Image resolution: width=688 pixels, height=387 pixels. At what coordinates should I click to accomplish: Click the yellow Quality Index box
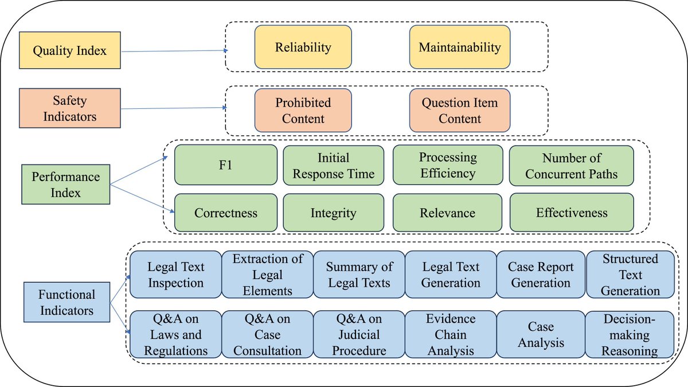69,51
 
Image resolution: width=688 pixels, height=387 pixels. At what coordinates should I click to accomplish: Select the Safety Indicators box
69,108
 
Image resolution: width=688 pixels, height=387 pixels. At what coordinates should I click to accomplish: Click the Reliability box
303,47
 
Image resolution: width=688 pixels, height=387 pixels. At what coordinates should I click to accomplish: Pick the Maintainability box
459,47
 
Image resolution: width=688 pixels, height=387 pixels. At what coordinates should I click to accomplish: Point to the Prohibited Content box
303,111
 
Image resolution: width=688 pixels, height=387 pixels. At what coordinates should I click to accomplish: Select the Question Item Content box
459,111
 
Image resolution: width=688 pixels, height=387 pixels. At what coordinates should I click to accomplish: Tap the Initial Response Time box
333,165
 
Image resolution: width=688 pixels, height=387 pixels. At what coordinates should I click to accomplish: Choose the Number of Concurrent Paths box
571,165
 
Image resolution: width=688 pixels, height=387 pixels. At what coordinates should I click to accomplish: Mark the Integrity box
333,213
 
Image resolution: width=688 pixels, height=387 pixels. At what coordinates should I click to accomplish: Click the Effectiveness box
571,213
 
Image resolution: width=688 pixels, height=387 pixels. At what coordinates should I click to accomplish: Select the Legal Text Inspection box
175,275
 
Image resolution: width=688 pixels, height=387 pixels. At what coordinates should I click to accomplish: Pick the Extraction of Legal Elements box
267,275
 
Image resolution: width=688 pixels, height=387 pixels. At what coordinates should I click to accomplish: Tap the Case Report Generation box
540,275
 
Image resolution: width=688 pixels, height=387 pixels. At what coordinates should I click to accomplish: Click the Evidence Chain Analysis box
451,334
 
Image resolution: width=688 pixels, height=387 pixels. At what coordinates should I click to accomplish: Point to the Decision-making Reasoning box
630,334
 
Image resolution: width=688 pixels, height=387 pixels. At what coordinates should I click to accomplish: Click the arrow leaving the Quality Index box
172,51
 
